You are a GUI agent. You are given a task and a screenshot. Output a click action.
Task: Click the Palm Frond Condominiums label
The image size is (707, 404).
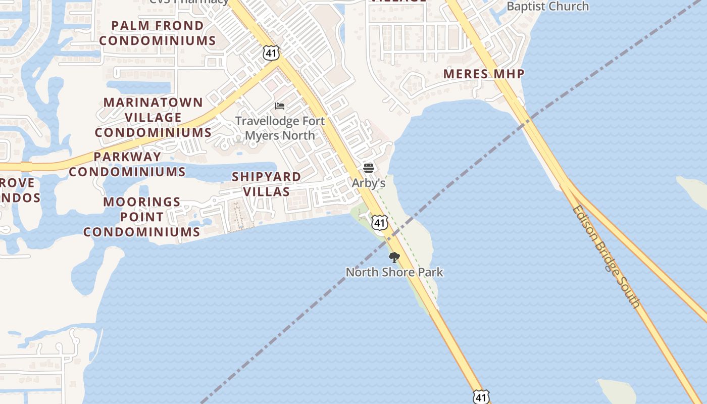158,33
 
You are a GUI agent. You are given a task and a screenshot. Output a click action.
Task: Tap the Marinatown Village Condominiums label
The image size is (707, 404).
153,117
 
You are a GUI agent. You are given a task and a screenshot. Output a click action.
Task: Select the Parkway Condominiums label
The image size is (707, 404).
127,164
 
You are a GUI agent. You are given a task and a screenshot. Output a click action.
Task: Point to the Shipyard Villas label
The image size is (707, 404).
267,184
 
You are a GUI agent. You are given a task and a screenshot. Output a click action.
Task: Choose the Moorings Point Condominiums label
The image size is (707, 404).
142,217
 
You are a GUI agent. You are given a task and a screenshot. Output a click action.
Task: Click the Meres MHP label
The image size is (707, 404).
484,74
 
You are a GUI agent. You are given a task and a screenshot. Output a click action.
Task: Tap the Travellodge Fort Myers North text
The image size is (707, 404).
280,128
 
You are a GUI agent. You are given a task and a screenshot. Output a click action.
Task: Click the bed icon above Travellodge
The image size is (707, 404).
280,106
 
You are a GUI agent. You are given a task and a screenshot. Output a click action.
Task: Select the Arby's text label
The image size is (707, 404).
369,183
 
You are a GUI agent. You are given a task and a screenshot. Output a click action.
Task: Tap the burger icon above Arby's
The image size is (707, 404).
369,168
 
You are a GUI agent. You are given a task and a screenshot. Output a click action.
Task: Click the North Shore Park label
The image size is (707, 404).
394,272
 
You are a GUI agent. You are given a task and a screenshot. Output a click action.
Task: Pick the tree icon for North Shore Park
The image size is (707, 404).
394,258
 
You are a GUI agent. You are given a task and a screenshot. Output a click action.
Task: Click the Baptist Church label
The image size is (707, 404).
547,6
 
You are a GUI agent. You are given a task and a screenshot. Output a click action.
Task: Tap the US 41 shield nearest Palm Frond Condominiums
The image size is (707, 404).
271,52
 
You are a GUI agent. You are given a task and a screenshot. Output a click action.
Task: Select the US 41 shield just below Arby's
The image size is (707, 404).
380,223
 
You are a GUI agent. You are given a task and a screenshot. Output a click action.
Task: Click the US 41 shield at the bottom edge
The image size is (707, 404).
481,396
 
